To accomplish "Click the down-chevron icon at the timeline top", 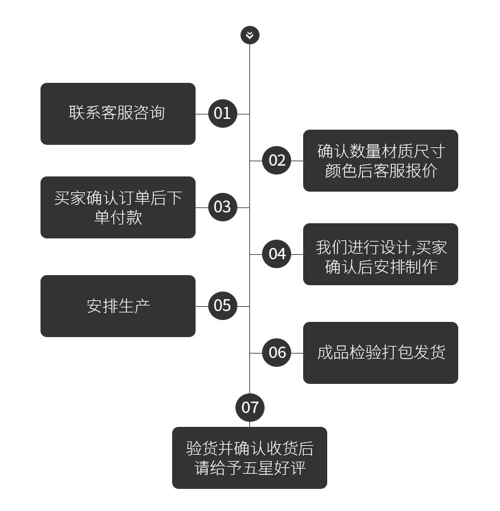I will (250, 35).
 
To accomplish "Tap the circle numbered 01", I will (222, 114).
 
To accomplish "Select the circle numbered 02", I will (277, 161).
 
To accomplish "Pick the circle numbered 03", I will (222, 207).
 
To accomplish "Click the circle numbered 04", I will (277, 254).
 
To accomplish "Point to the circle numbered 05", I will (222, 306).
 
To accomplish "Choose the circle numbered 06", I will (277, 353).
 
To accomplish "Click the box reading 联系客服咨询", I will (118, 114).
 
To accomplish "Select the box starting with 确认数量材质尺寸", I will (380, 161).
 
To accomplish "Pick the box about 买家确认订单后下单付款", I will (118, 207).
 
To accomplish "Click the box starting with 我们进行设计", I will (380, 254).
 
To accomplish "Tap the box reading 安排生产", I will (118, 306).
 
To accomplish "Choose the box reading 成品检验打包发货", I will (380, 353).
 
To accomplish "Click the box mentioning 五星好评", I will (249, 458).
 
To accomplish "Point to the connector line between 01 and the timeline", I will (243, 114).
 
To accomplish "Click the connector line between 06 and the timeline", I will (256, 353).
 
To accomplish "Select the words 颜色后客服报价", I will (381, 171).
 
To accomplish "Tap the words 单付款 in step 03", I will (118, 218).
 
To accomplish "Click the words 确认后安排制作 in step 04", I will (381, 266).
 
